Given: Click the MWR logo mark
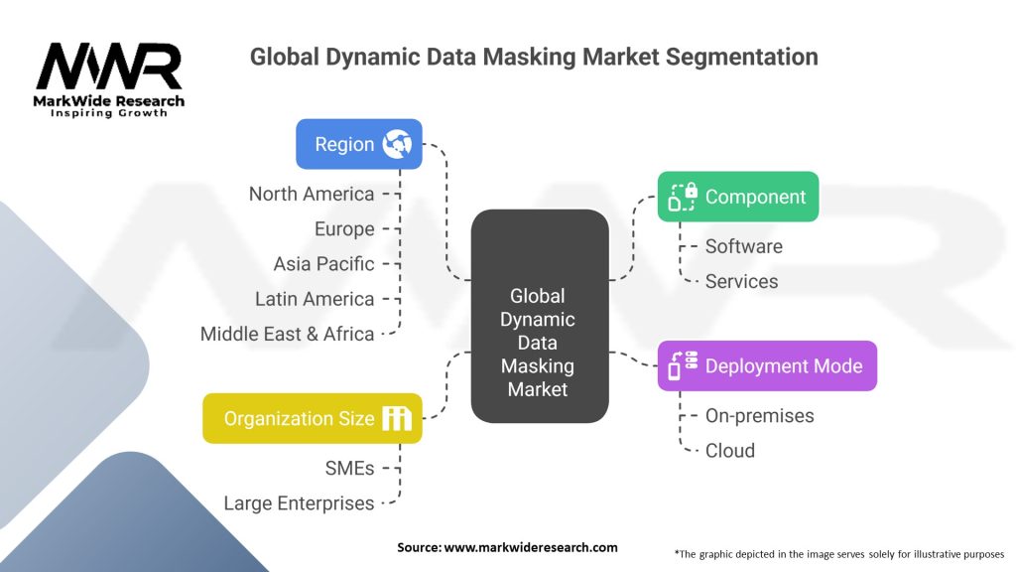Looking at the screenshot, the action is coord(109,67).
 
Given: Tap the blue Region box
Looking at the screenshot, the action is coord(359,144).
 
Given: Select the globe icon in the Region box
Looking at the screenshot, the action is coord(397,144).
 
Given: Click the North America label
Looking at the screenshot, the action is coord(312,194).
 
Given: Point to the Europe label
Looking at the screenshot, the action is coord(344,229).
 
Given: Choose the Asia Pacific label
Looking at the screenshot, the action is coord(323,264).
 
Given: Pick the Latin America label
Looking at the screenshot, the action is coord(315,299).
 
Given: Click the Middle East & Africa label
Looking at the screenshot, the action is coord(287,334).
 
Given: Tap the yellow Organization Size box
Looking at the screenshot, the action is coord(313,418).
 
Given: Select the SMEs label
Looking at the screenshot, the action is coord(349,469).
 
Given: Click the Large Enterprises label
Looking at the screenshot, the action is coord(299,503).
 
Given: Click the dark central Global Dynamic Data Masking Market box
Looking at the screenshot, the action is coord(540,316).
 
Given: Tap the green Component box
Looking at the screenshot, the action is coord(738,197).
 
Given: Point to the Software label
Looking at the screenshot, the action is coord(744,246).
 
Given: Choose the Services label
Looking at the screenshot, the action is coord(741,281).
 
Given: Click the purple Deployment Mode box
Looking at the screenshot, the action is coord(767,365).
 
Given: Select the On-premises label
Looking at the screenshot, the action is coord(759,416).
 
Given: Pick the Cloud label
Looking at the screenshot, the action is coord(729,451).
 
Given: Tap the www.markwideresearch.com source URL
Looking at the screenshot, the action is coord(531,547).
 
